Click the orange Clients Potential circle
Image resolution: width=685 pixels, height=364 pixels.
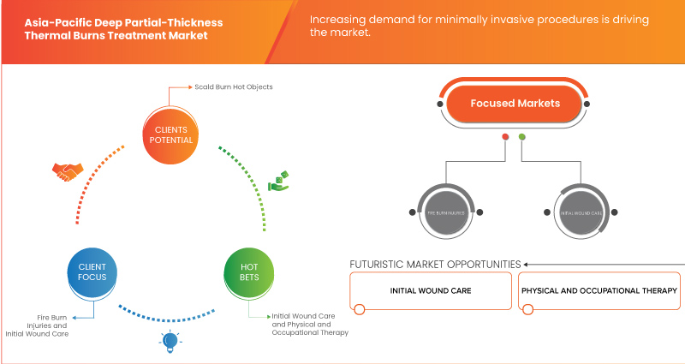(x=168, y=136)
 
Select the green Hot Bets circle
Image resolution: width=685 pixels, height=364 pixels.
(x=248, y=273)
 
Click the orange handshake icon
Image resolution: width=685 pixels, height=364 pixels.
(x=66, y=171)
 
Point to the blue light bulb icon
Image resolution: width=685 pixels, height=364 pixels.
(x=169, y=341)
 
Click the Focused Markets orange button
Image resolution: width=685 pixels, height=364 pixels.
(x=515, y=103)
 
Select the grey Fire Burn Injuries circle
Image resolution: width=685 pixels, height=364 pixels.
(x=444, y=212)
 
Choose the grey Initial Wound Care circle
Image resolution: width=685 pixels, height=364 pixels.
(x=581, y=212)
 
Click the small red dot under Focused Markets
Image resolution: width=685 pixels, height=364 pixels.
(x=506, y=137)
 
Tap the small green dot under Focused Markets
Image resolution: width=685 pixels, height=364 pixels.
(x=522, y=137)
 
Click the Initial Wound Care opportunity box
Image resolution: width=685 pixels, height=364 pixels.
(x=431, y=291)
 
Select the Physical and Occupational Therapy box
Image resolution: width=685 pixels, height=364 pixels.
(x=599, y=291)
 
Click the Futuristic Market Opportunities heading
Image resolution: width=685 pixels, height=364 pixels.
(x=435, y=264)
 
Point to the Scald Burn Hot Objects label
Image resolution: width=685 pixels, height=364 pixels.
(x=227, y=87)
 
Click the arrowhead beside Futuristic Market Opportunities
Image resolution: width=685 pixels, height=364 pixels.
(x=527, y=264)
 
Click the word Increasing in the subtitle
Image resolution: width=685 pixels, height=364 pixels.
(x=340, y=19)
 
